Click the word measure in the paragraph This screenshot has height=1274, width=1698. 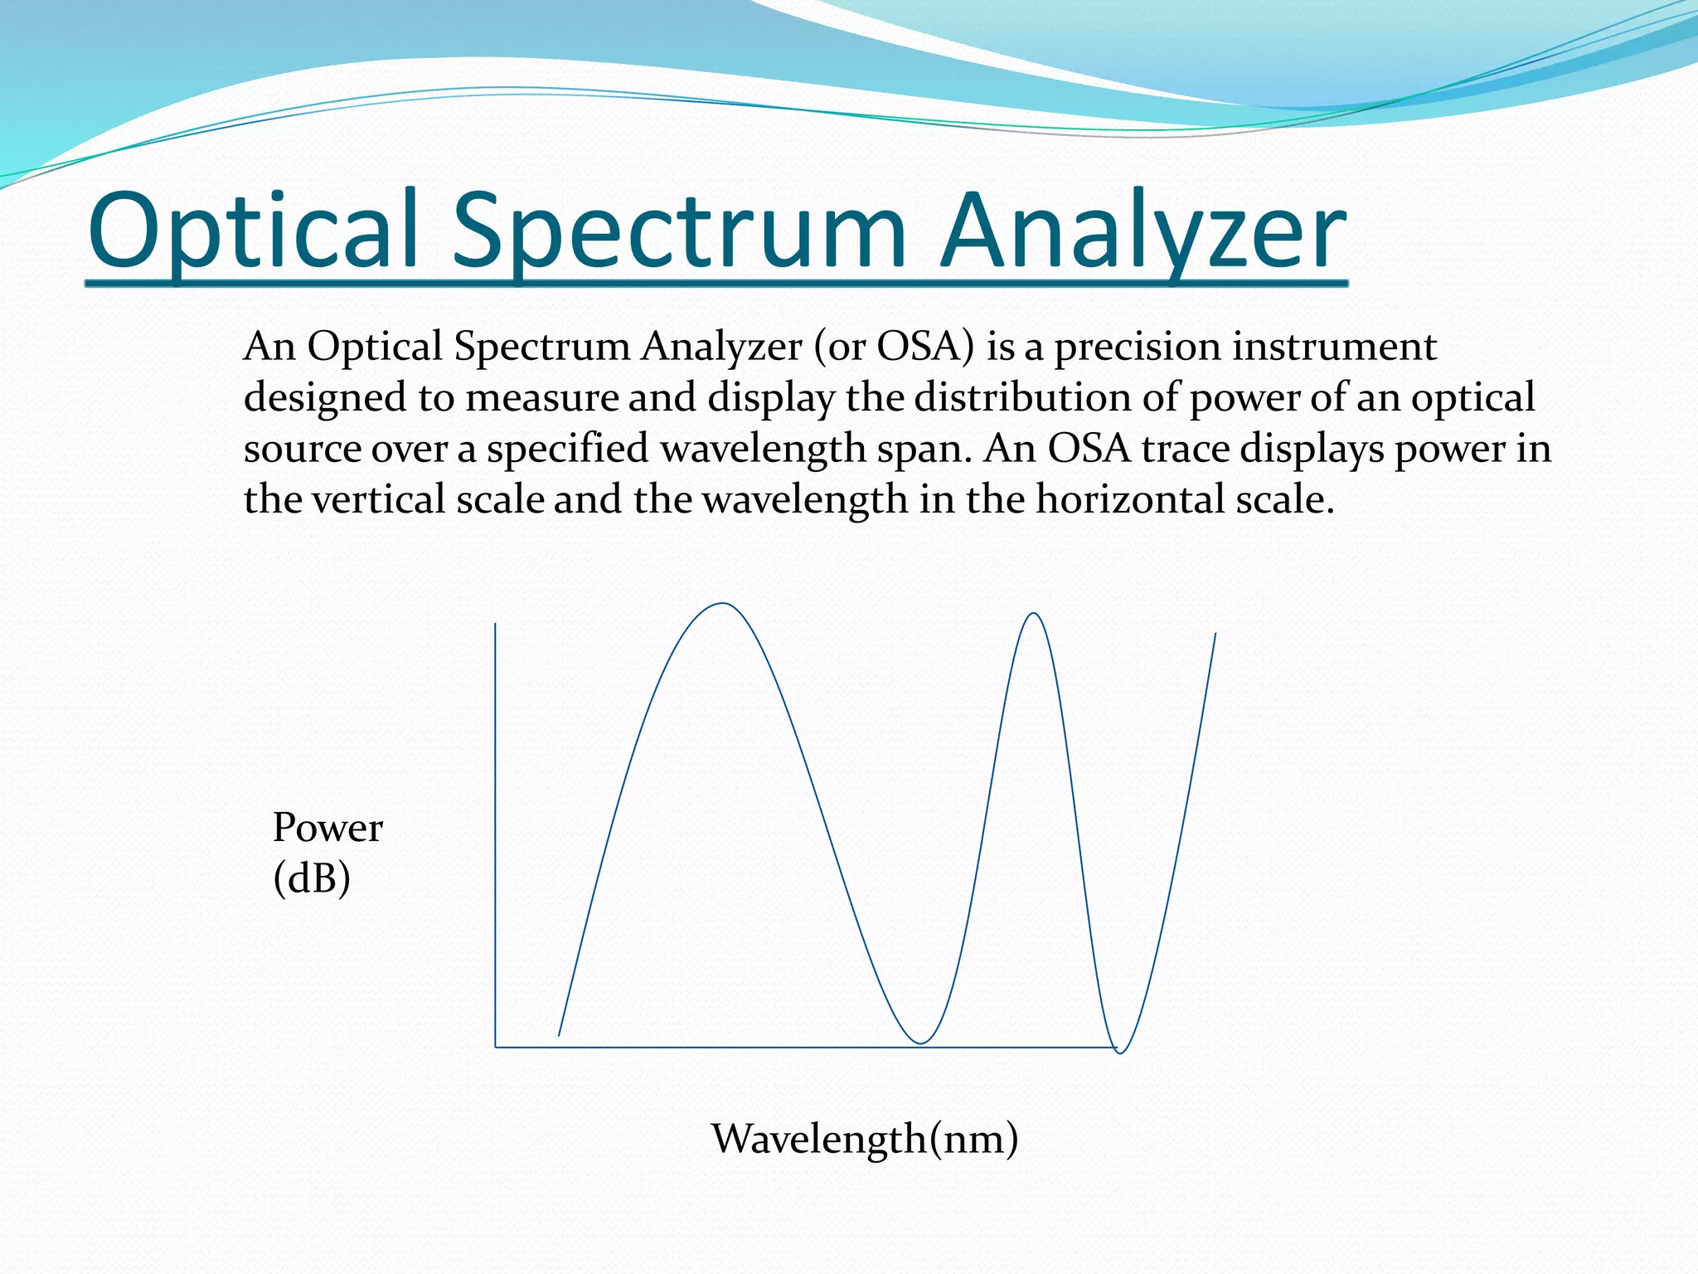(x=541, y=398)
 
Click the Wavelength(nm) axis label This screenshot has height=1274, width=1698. (x=865, y=1138)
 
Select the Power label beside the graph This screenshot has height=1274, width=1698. (x=327, y=828)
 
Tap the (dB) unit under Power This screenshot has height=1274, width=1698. (x=312, y=878)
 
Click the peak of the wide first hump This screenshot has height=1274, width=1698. (x=723, y=604)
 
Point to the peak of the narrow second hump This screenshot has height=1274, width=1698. (x=1034, y=614)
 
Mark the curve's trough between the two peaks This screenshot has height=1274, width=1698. (x=920, y=1043)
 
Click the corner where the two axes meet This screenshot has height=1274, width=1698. (x=496, y=1047)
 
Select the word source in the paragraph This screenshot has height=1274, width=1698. (x=303, y=450)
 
